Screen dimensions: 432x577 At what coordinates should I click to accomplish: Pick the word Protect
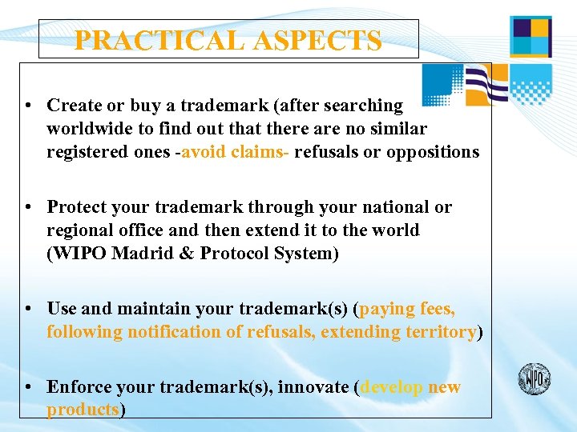click(79, 207)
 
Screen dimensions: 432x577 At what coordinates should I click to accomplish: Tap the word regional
click(79, 230)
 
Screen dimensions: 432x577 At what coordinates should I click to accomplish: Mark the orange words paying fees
click(409, 309)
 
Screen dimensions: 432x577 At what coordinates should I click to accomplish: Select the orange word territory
click(437, 332)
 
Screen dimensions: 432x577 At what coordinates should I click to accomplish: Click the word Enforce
click(79, 387)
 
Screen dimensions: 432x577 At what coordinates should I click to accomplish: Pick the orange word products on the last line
click(83, 410)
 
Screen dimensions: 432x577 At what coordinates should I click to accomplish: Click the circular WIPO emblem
click(534, 377)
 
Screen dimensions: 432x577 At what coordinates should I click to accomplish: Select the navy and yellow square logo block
click(531, 37)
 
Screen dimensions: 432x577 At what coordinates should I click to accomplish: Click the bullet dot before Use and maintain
click(28, 309)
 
